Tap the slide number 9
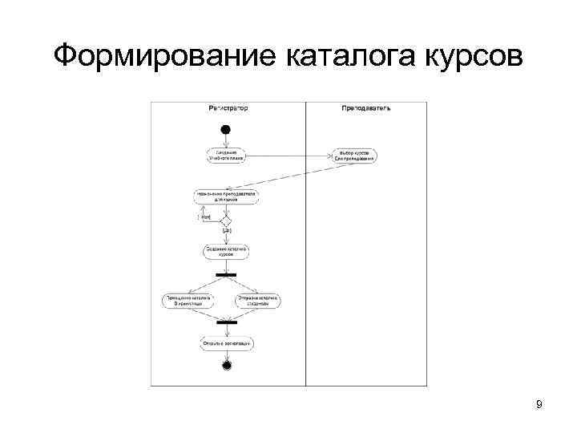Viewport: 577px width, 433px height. pos(539,405)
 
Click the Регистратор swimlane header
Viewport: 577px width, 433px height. pos(228,107)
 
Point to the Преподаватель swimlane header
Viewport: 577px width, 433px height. pos(365,107)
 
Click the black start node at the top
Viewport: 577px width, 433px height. pos(225,129)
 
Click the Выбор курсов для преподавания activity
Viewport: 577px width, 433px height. pos(356,155)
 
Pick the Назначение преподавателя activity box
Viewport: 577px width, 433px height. pos(226,196)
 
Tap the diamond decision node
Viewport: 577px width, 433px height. pos(226,219)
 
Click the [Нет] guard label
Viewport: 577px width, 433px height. pos(204,216)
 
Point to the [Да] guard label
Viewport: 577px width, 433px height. pos(227,232)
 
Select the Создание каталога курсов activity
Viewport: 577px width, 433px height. pos(226,251)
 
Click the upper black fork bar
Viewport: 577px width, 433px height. pos(226,274)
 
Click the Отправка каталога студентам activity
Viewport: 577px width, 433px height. pos(258,300)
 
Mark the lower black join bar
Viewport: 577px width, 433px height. pos(227,323)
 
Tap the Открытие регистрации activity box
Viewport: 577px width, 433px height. pos(227,343)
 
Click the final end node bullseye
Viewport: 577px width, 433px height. pos(227,366)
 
